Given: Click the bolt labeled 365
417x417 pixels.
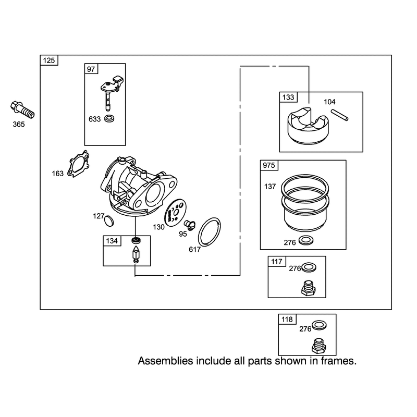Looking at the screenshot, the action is coord(22,109).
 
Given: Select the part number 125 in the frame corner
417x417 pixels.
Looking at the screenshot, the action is coord(49,60).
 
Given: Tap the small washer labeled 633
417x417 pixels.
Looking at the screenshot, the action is coord(109,118).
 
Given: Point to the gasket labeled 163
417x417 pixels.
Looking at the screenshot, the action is coord(78,164).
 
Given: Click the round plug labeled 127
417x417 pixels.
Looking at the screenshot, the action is coord(109,221).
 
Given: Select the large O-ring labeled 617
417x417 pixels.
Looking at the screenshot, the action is coord(210,231).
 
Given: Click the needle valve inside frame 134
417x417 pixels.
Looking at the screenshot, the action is coord(136,254).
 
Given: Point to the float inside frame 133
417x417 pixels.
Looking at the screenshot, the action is coord(308,126).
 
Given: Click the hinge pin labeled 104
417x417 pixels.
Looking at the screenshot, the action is coord(340,115).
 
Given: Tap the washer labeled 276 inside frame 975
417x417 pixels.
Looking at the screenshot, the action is coord(306,241).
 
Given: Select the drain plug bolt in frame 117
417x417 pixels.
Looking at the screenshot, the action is coord(309,288).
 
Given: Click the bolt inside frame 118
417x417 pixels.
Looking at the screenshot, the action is coord(318,346).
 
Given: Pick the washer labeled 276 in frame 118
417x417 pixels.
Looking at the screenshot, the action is coord(319,325).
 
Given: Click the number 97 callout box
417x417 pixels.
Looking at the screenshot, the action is coord(91,69).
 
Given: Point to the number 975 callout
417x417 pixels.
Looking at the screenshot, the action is coord(269,165).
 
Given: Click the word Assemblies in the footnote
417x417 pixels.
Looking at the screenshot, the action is coord(165,361).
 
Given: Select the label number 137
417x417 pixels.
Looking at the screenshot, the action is coord(270,187).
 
